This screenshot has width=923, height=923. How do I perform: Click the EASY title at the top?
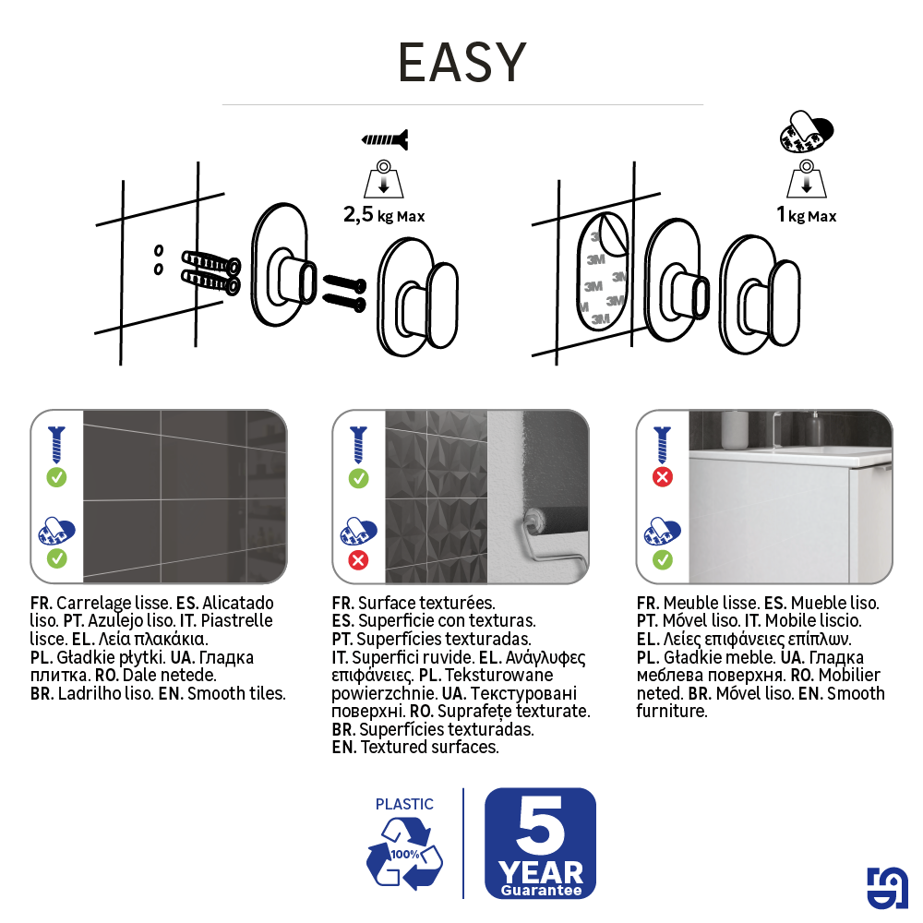[x=461, y=63]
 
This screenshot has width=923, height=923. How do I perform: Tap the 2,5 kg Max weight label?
[x=384, y=216]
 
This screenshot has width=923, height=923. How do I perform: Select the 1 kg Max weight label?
[x=806, y=215]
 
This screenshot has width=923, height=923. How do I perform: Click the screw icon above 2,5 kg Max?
[x=384, y=140]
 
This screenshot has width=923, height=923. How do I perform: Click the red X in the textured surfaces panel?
[x=359, y=559]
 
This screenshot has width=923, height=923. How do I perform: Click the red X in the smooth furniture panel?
[x=662, y=477]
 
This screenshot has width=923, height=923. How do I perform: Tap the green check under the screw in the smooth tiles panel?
[x=56, y=477]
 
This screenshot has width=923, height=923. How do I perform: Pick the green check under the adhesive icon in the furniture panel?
[x=662, y=559]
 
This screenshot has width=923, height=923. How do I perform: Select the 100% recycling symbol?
[x=404, y=855]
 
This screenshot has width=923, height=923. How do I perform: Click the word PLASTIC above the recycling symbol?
[x=404, y=804]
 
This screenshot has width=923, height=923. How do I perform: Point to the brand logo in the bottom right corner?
[x=886, y=888]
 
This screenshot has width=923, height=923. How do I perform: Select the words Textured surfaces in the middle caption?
[x=429, y=747]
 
